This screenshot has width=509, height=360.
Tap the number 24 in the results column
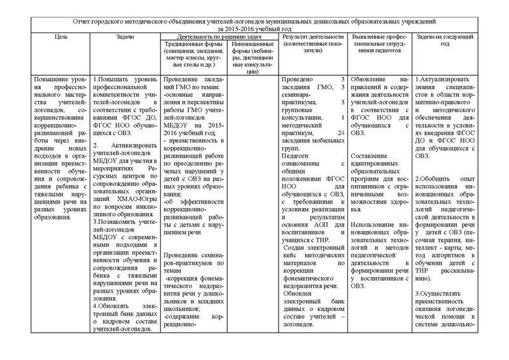340,132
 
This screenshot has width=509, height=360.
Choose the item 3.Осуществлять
443,294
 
